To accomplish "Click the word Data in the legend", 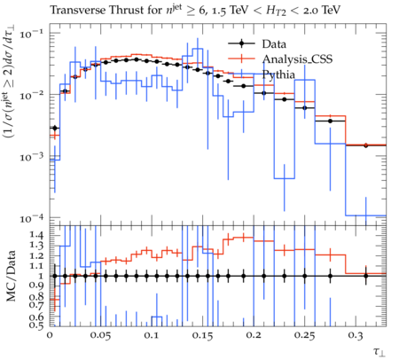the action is pos(274,44).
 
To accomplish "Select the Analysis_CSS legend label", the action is pos(297,59).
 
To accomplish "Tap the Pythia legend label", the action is pos(278,74).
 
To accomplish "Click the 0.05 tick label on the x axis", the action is pos(101,335).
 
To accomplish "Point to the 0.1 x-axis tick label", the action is pos(152,335).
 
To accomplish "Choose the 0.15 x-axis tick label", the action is pos(203,335).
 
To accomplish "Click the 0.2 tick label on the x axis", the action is pos(254,335).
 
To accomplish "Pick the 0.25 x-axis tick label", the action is pos(305,335).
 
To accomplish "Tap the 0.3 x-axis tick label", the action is pos(356,335).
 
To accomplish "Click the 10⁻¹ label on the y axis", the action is pos(31,35).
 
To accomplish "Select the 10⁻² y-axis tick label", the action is pos(31,96).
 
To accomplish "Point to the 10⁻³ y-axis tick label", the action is pos(31,157).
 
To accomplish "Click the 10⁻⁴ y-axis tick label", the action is pos(31,219).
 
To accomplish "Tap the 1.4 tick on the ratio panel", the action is pos(36,235).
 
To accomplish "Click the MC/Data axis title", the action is pos(12,276).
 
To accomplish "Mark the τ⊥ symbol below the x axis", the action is pos(379,352).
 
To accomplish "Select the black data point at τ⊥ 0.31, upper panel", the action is pos(366,145).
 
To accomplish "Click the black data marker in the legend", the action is pos(241,43).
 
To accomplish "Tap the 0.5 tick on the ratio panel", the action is pos(36,325).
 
